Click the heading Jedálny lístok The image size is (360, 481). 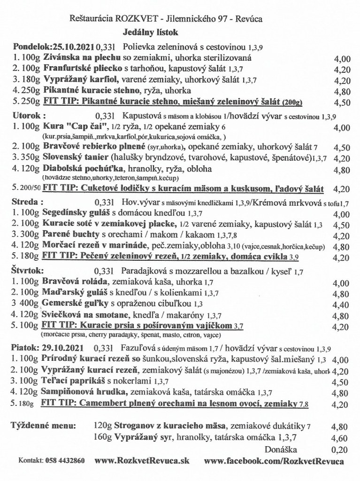click(151, 32)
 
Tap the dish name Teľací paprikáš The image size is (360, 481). click(70, 381)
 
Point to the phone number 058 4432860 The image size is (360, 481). click(65, 462)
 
